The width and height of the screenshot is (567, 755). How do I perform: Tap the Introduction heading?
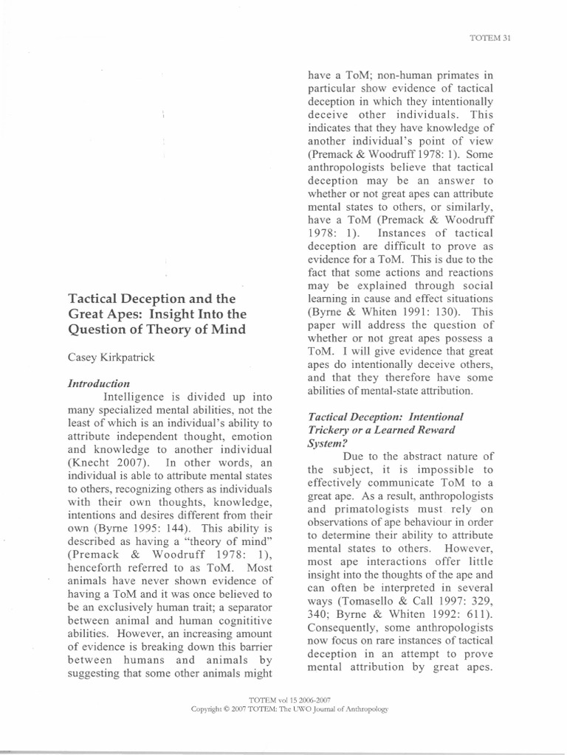[x=99, y=383]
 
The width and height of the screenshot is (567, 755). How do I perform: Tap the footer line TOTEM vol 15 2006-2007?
[x=284, y=701]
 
